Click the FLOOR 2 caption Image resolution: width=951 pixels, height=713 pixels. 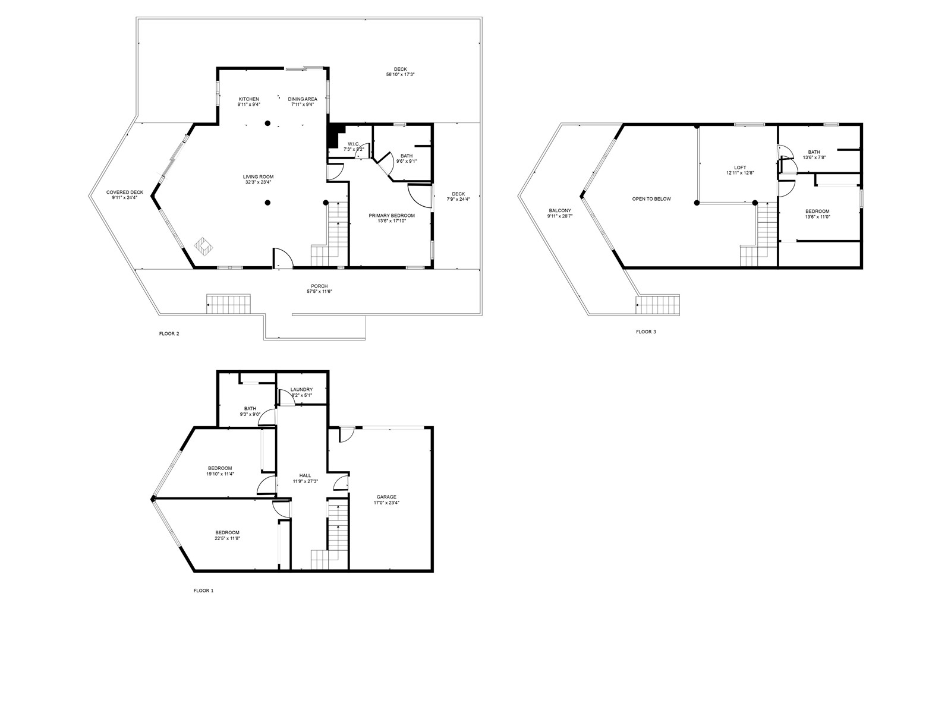point(169,334)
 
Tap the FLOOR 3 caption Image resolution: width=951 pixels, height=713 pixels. point(646,332)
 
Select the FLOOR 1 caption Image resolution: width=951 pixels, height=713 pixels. point(204,591)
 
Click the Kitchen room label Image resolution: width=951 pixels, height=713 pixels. point(248,99)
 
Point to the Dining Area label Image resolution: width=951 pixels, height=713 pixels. point(303,99)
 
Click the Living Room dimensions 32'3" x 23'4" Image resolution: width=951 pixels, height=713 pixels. point(258,182)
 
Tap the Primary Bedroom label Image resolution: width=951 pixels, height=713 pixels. point(392,216)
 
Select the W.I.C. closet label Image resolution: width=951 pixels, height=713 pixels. point(354,144)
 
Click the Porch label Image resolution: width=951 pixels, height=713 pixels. point(319,286)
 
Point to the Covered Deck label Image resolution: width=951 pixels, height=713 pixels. point(125,192)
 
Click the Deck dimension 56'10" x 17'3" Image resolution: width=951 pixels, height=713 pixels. point(401,74)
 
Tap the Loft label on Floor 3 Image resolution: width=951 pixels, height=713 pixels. point(741,168)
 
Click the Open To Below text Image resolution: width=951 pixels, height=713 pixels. point(651,199)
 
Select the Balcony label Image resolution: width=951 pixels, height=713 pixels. point(560,211)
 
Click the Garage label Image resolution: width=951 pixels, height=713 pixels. point(386,497)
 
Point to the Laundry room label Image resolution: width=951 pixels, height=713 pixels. point(301,390)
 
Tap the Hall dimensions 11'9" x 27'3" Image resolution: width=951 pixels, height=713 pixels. point(305,481)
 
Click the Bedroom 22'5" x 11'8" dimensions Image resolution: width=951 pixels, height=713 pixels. point(228,538)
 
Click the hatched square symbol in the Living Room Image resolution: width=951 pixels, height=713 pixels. point(203,246)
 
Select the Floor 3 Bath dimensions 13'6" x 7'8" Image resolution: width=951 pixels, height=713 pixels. point(814,157)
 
